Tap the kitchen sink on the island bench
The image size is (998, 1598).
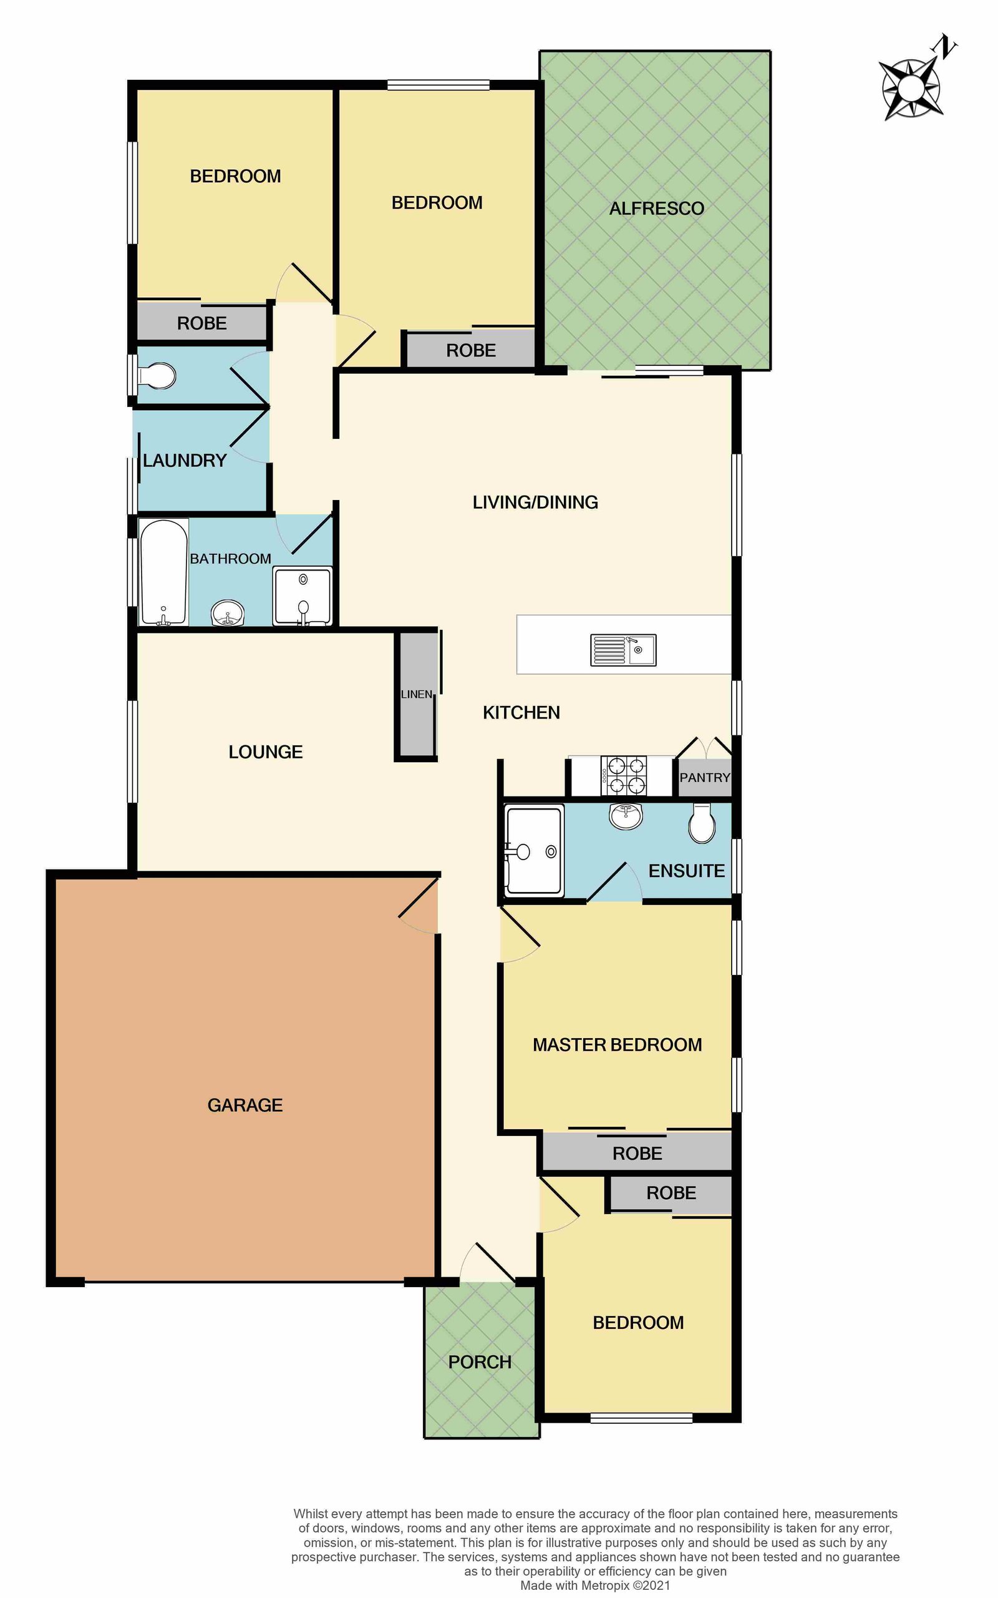coord(623,650)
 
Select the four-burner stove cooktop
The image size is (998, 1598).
coord(623,775)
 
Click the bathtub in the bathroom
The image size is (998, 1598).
coord(163,572)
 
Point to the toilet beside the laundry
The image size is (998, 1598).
coord(157,377)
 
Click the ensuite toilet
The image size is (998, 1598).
coord(702,823)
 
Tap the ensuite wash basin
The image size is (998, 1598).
coord(626,816)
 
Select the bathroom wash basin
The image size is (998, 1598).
coord(228,613)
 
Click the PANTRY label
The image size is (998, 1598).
coord(705,777)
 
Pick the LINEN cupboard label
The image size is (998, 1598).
coord(417,694)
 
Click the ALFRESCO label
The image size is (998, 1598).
coord(656,208)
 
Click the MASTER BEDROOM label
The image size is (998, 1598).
coord(617,1045)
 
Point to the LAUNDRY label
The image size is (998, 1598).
coord(185,460)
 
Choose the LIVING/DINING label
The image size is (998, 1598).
coord(535,502)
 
